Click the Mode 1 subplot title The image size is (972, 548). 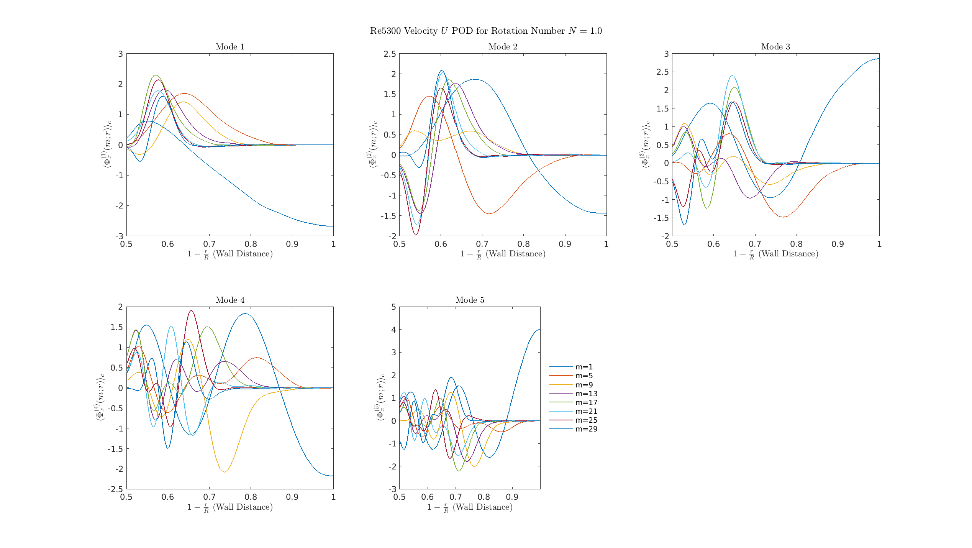(230, 47)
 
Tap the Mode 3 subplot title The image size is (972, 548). (775, 47)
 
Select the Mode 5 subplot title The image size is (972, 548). (470, 300)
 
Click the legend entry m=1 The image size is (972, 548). (584, 367)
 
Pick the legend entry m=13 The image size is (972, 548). (586, 394)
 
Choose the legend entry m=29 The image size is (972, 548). (586, 429)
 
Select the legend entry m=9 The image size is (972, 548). (584, 385)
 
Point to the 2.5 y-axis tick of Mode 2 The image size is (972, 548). (390, 54)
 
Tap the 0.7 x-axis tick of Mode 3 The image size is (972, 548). (755, 244)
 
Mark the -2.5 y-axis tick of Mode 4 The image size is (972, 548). (115, 489)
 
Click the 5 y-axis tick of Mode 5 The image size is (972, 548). (393, 307)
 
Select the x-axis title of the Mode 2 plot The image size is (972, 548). (503, 254)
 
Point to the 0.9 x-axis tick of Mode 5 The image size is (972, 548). (512, 497)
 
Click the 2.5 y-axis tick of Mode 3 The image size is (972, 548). (662, 72)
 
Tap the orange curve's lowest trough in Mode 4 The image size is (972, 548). (225, 472)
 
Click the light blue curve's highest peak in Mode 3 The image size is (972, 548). (732, 75)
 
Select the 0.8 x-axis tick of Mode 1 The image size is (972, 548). (251, 244)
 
